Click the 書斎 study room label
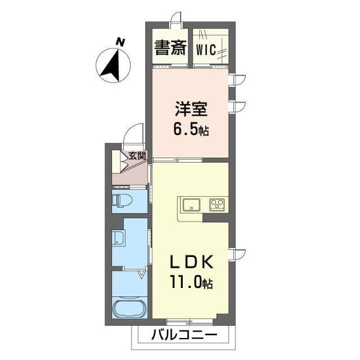(x=170, y=48)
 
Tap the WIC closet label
(x=206, y=49)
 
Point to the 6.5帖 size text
(x=191, y=130)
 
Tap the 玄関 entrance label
(x=137, y=156)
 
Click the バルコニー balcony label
(x=184, y=335)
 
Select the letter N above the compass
(x=120, y=42)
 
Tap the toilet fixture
(x=122, y=201)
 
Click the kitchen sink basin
(x=191, y=204)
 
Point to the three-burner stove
(x=217, y=205)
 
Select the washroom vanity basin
(x=118, y=238)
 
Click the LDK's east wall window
(x=237, y=256)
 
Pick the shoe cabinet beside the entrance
(x=116, y=162)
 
